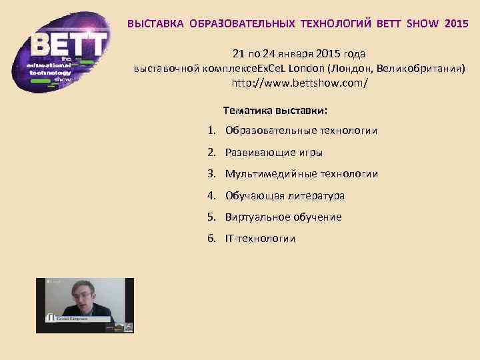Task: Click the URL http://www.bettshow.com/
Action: (x=299, y=85)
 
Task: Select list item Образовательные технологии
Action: (x=301, y=131)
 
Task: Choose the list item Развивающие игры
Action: (x=273, y=153)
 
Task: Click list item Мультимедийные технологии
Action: (x=301, y=174)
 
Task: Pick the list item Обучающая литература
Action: (x=285, y=196)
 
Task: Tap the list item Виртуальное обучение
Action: (x=283, y=217)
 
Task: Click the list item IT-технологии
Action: (x=260, y=239)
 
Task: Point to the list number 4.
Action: (x=210, y=196)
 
